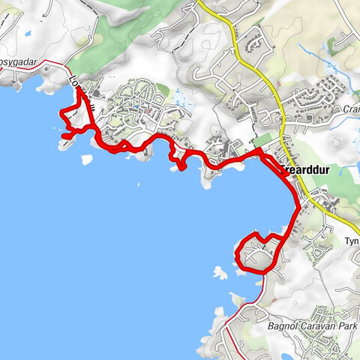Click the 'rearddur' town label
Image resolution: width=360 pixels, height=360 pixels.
pyautogui.click(x=307, y=170)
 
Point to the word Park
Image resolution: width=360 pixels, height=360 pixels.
pyautogui.click(x=346, y=326)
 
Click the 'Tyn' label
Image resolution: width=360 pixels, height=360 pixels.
pyautogui.click(x=352, y=241)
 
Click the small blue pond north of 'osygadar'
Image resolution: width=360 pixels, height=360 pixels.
pyautogui.click(x=27, y=34)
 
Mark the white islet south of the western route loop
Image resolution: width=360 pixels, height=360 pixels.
pyautogui.click(x=86, y=160)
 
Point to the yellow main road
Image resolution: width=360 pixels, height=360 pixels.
pyautogui.click(x=255, y=67)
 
